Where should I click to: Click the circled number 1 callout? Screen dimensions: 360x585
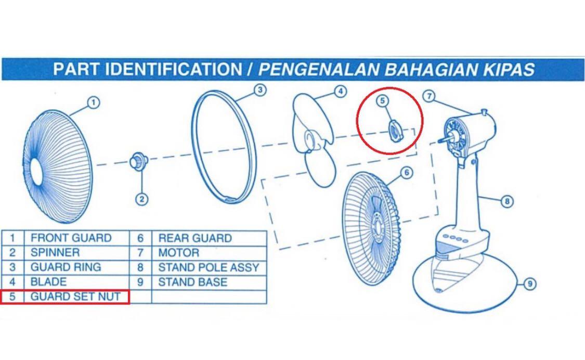click(x=93, y=103)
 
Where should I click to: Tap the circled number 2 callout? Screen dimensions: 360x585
click(x=142, y=198)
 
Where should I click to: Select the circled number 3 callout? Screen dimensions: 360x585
click(x=260, y=90)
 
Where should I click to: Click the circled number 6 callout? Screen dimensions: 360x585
click(x=406, y=172)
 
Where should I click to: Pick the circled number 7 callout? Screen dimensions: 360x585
click(x=428, y=96)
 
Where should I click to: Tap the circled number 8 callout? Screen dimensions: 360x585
click(x=507, y=201)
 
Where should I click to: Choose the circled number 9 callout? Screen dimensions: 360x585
click(x=529, y=284)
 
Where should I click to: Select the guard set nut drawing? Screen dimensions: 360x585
click(x=395, y=128)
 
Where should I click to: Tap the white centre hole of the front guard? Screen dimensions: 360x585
click(x=37, y=172)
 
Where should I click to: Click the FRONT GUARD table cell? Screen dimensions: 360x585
click(x=71, y=238)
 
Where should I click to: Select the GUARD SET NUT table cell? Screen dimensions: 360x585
click(x=75, y=297)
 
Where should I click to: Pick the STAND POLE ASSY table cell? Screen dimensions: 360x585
click(x=208, y=268)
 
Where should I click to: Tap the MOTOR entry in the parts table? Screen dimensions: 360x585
click(x=178, y=253)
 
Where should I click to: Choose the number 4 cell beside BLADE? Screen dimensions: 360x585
click(x=12, y=282)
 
